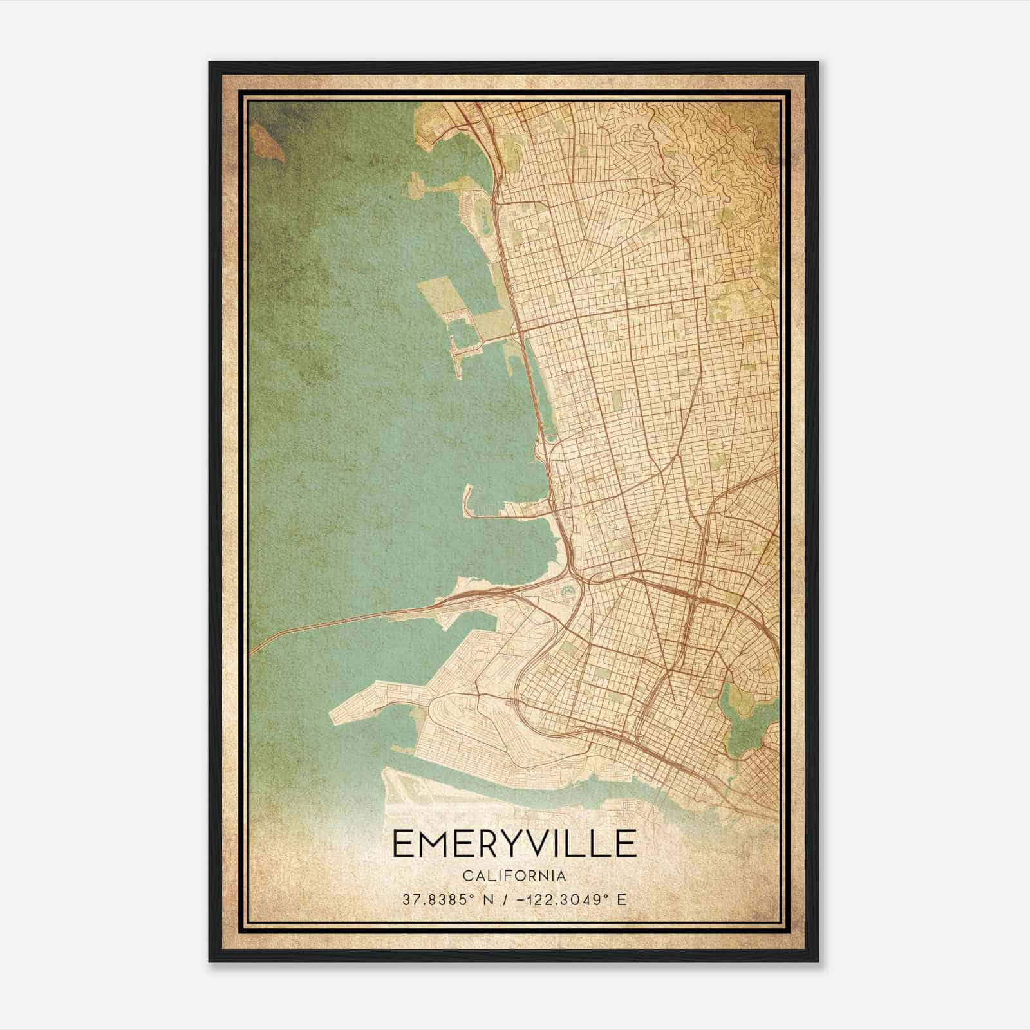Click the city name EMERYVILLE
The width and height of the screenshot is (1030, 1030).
(x=514, y=844)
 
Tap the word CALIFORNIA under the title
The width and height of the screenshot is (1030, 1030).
(x=514, y=876)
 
